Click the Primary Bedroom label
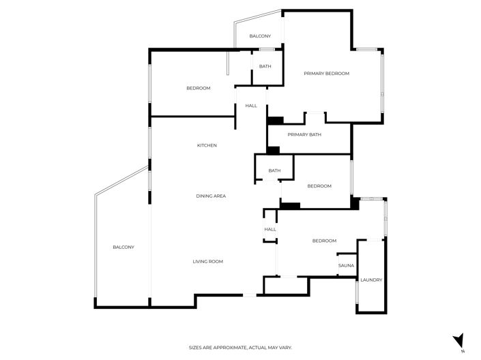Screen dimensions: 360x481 [326, 74]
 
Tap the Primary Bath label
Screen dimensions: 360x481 [304, 134]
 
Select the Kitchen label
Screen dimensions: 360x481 [207, 145]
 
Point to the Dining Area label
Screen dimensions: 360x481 [211, 196]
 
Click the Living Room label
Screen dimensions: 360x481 [207, 262]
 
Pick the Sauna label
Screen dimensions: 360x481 [345, 265]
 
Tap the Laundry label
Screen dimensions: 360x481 [371, 280]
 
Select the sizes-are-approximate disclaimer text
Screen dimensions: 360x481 [240, 348]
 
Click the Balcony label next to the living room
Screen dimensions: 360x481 [123, 247]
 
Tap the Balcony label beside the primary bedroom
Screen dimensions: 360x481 [260, 36]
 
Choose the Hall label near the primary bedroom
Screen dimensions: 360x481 [251, 106]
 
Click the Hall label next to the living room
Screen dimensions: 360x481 [270, 229]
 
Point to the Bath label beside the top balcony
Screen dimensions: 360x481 [265, 66]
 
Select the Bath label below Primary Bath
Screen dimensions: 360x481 [274, 170]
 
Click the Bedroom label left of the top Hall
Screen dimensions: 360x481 [199, 88]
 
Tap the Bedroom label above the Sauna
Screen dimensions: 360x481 [324, 241]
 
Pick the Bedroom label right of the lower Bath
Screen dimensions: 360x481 [319, 186]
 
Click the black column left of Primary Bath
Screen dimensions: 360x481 [275, 121]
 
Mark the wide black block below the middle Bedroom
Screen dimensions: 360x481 [290, 205]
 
